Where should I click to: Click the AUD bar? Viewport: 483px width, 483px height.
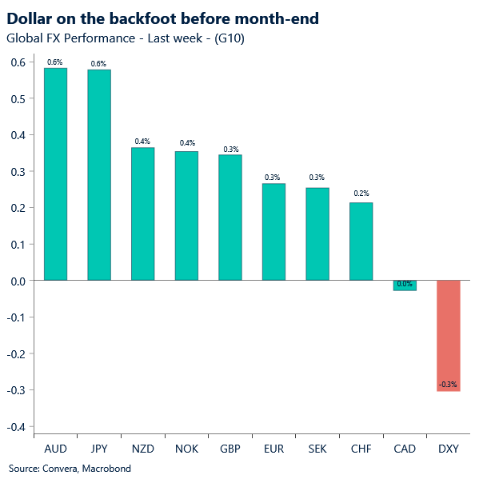tap(55, 174)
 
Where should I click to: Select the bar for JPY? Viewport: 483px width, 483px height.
tap(99, 175)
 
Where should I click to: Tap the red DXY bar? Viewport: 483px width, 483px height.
tap(448, 335)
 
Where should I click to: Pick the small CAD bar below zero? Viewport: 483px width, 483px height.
tap(405, 285)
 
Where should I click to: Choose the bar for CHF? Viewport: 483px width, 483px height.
tap(361, 241)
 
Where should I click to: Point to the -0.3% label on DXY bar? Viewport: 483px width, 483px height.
tap(448, 385)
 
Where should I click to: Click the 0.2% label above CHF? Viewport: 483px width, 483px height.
tap(361, 194)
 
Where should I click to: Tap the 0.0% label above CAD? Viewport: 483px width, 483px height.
tap(405, 284)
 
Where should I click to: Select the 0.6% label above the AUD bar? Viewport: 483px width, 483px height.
tap(55, 61)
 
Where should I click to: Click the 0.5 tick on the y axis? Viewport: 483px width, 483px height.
tap(18, 99)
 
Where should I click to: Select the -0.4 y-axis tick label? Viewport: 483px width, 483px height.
tap(17, 427)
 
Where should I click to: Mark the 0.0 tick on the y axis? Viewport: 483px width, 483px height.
tap(18, 281)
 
